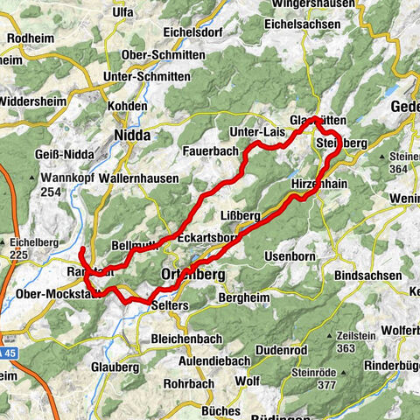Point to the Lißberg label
coord(241,215)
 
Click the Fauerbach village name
coord(206,150)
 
